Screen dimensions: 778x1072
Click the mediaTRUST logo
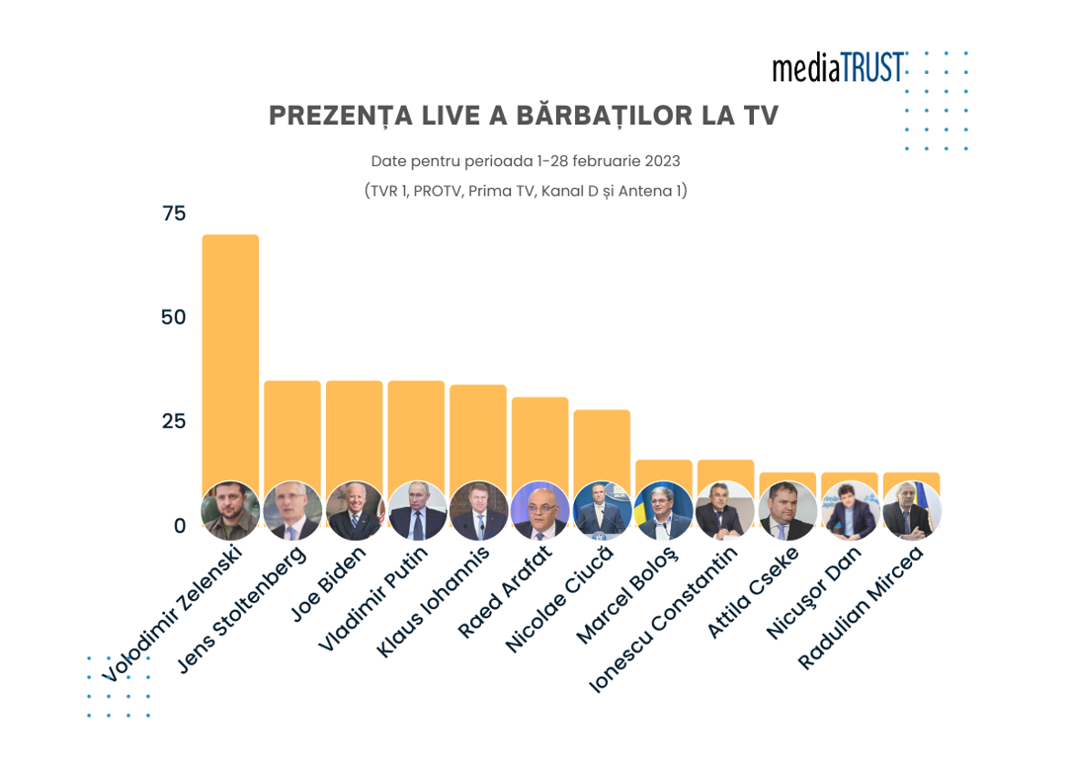(838, 68)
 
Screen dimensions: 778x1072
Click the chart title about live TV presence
(524, 116)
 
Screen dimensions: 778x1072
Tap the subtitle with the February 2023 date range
(526, 160)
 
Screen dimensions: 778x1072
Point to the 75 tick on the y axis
(174, 214)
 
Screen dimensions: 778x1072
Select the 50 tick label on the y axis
(174, 317)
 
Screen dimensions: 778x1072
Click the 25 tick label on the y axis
(174, 421)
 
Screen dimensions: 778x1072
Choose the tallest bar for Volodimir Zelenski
(230, 356)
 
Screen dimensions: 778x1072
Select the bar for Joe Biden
(354, 430)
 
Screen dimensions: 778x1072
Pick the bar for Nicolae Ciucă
(602, 445)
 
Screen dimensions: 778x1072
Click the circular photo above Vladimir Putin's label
(416, 510)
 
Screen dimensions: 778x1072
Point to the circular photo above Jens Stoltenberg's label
(292, 510)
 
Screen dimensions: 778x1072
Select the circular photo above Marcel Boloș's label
(664, 510)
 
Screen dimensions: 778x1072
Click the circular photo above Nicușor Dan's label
(850, 510)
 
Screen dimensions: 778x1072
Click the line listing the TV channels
(526, 191)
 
